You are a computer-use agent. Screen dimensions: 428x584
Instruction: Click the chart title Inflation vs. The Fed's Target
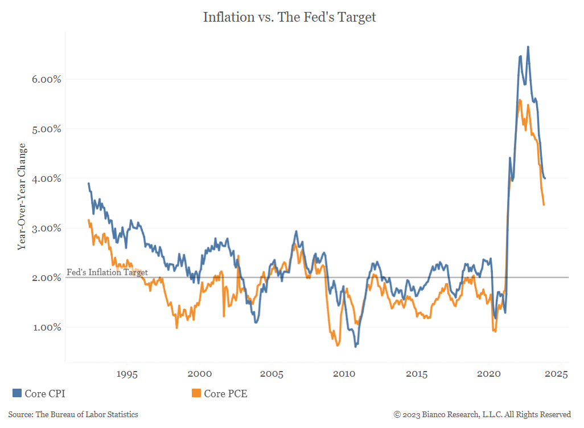[290, 18]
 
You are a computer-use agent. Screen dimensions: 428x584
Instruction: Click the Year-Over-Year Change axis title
[22, 203]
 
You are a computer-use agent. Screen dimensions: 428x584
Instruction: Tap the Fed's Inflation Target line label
[107, 272]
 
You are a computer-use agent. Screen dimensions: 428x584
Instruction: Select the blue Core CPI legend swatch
[17, 393]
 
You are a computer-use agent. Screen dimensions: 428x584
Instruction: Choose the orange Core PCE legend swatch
[196, 393]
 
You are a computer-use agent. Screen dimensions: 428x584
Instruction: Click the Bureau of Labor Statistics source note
[73, 414]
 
